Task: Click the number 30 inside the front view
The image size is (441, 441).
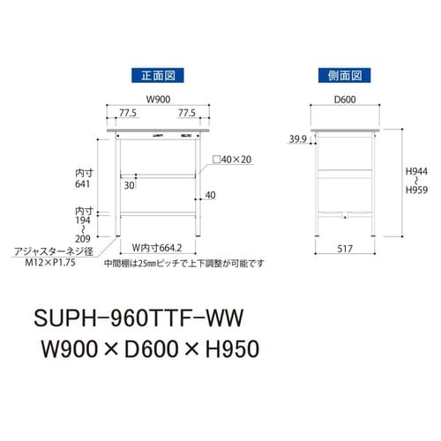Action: coord(129,185)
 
